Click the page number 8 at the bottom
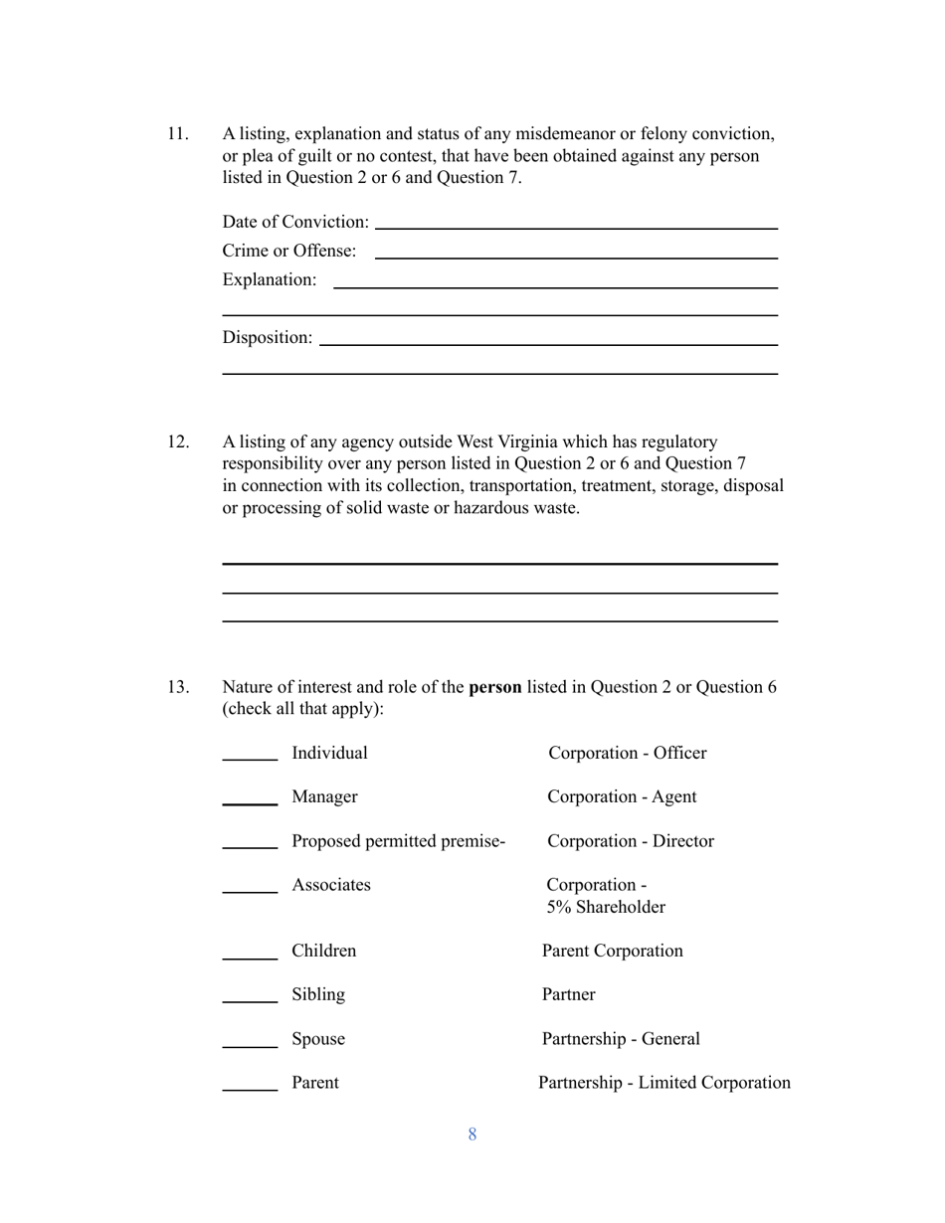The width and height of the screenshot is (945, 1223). click(x=472, y=1135)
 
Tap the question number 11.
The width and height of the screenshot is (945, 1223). click(x=177, y=134)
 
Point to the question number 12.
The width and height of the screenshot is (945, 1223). click(x=177, y=441)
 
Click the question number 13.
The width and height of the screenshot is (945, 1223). click(x=177, y=687)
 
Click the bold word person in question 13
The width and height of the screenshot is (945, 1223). click(x=494, y=687)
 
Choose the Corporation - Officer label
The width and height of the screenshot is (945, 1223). click(x=627, y=754)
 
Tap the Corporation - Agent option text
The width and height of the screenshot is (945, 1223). click(x=622, y=797)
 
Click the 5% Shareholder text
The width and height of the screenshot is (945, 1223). click(x=606, y=908)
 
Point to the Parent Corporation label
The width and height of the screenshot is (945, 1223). click(x=612, y=952)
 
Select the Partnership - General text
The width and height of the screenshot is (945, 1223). click(x=621, y=1039)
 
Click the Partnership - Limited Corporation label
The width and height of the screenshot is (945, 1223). click(x=664, y=1083)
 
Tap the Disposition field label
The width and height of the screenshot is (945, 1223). click(x=267, y=338)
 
